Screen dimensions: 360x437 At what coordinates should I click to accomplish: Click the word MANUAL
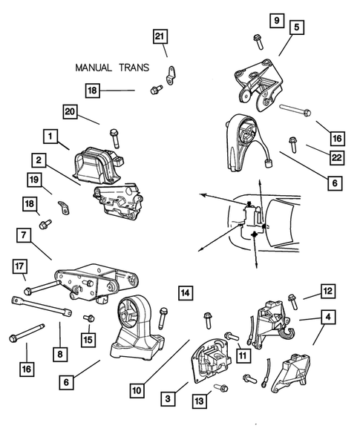point(93,68)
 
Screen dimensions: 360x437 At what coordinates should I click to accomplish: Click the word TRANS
point(134,68)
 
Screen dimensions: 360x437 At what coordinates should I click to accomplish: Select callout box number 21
point(160,36)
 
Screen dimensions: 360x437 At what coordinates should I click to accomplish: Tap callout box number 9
point(277,20)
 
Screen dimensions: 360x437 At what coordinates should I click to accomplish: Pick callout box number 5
point(296,27)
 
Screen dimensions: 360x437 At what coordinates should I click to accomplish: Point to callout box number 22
point(337,158)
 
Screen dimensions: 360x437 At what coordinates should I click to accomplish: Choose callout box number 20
point(70,112)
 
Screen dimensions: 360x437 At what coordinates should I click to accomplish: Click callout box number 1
point(50,137)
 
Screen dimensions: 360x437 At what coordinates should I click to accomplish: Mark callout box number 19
point(34,180)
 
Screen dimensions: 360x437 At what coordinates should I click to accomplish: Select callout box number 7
point(24,235)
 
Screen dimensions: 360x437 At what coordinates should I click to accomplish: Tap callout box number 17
point(19,266)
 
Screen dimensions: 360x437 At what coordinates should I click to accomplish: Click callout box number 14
point(186,292)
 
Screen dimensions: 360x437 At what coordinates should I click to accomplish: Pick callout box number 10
point(137,390)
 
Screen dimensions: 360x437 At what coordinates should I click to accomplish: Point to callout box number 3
point(168,398)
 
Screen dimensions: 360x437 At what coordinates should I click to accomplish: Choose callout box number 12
point(328,292)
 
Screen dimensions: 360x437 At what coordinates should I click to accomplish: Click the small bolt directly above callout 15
point(89,318)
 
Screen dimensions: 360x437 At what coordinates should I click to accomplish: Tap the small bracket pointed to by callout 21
point(171,75)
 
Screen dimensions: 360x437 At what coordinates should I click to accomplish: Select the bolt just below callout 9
point(258,42)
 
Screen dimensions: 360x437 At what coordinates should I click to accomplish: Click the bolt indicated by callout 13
point(221,387)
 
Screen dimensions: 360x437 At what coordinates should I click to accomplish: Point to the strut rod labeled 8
point(42,306)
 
